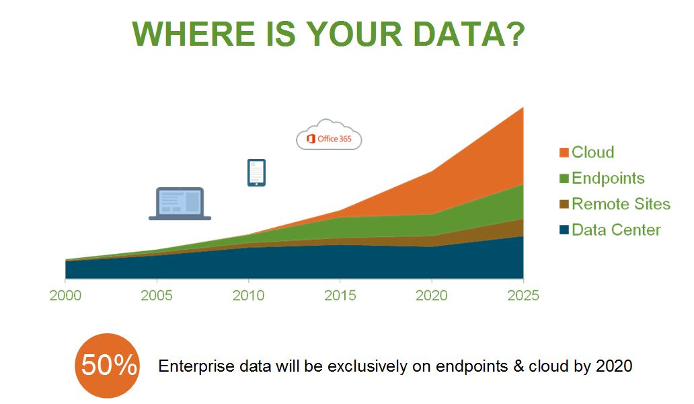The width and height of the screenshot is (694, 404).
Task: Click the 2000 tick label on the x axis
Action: coord(65,296)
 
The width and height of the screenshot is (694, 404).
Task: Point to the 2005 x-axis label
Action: coord(157,296)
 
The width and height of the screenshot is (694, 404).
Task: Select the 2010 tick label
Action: coord(248,296)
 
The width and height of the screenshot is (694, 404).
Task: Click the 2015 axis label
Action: coord(340,296)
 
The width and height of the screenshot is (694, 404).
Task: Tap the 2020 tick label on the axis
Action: coord(432,296)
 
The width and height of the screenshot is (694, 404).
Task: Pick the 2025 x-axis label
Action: coord(523,296)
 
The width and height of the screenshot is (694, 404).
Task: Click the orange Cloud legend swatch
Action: coord(564,152)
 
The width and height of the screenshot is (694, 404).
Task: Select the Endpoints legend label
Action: coord(608,178)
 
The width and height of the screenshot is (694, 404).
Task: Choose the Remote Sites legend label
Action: coord(621,204)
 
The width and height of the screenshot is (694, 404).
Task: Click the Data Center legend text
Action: coord(616,230)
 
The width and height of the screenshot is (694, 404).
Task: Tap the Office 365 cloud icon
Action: coord(329,135)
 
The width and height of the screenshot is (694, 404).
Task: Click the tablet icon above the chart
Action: coord(257,173)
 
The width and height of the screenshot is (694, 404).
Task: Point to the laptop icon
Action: coord(180,204)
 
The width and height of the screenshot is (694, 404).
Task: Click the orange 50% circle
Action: coord(108,366)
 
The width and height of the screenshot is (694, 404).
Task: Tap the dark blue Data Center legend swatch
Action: coord(564,230)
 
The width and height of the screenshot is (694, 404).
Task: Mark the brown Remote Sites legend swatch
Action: coord(564,204)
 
